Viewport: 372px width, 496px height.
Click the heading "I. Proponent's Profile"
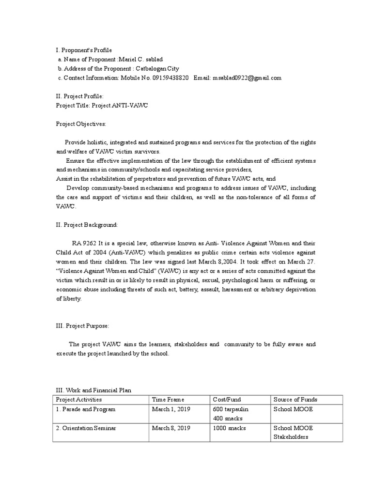pyautogui.click(x=84, y=50)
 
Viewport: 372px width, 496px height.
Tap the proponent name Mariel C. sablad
pyautogui.click(x=142, y=59)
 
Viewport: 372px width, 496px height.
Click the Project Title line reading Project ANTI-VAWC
pyautogui.click(x=102, y=106)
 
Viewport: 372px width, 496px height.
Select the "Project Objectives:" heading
pyautogui.click(x=81, y=124)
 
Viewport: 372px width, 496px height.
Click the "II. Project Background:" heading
pyautogui.click(x=87, y=225)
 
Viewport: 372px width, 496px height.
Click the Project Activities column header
pyautogui.click(x=79, y=400)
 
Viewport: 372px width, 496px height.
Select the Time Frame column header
pyautogui.click(x=169, y=400)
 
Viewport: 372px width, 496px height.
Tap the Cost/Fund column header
pyautogui.click(x=227, y=400)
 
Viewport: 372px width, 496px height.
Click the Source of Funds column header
pyautogui.click(x=295, y=400)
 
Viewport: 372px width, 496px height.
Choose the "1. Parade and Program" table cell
pyautogui.click(x=86, y=409)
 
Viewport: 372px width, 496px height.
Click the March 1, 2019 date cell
pyautogui.click(x=171, y=409)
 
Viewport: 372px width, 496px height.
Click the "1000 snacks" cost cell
pyautogui.click(x=229, y=428)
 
